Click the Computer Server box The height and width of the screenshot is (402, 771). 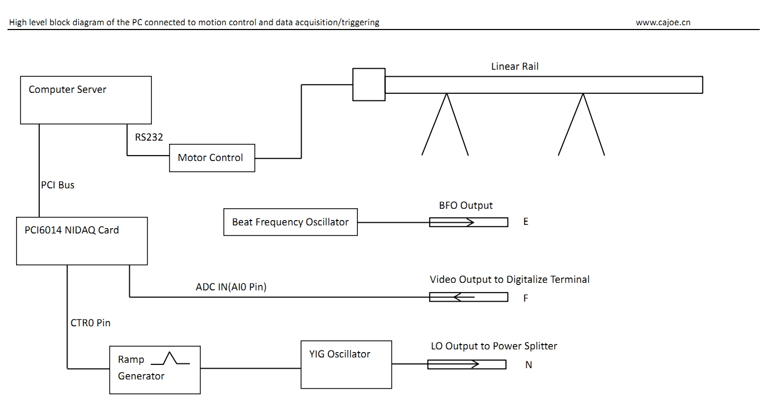86,100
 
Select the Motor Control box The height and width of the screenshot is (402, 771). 212,158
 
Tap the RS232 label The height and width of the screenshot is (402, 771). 149,137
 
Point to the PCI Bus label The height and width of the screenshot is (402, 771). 58,185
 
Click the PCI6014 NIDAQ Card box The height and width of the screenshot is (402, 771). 82,241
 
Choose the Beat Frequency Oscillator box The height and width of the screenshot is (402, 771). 290,222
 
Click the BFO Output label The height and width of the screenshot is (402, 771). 465,206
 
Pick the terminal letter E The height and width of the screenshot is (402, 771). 526,222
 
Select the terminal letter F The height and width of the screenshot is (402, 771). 526,298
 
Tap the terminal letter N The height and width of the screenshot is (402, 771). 528,365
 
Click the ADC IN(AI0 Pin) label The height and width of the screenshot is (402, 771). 231,287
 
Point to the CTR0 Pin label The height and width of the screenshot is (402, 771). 90,323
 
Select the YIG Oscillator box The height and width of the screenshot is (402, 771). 346,364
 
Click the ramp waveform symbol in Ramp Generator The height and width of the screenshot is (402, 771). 170,358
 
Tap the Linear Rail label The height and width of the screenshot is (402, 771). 515,67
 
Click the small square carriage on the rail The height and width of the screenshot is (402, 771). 369,84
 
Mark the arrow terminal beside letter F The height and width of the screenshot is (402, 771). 468,297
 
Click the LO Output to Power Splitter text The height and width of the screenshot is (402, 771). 494,346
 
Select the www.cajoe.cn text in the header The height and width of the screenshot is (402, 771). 663,23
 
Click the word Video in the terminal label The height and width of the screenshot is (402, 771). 443,280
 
